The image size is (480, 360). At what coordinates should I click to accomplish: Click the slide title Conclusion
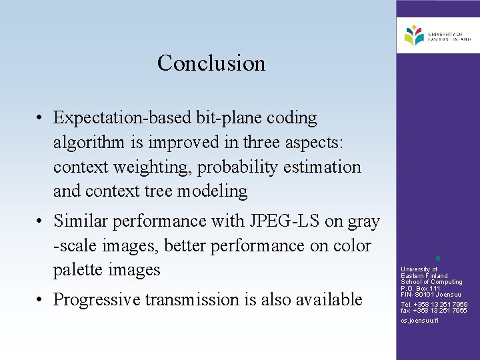point(211,63)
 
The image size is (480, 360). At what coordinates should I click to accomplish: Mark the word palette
point(78,270)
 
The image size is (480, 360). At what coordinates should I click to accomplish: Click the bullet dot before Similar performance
point(41,221)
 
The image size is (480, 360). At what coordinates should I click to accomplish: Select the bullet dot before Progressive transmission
point(41,300)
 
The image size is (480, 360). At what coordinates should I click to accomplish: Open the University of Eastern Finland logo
point(437,36)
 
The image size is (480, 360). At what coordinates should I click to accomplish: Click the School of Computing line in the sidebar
point(431,282)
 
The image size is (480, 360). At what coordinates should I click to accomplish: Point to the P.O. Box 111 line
point(420,288)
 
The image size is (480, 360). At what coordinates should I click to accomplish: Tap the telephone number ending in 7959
point(434,305)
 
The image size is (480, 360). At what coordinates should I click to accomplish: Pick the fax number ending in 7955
point(434,311)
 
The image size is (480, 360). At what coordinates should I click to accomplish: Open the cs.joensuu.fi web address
point(419,321)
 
